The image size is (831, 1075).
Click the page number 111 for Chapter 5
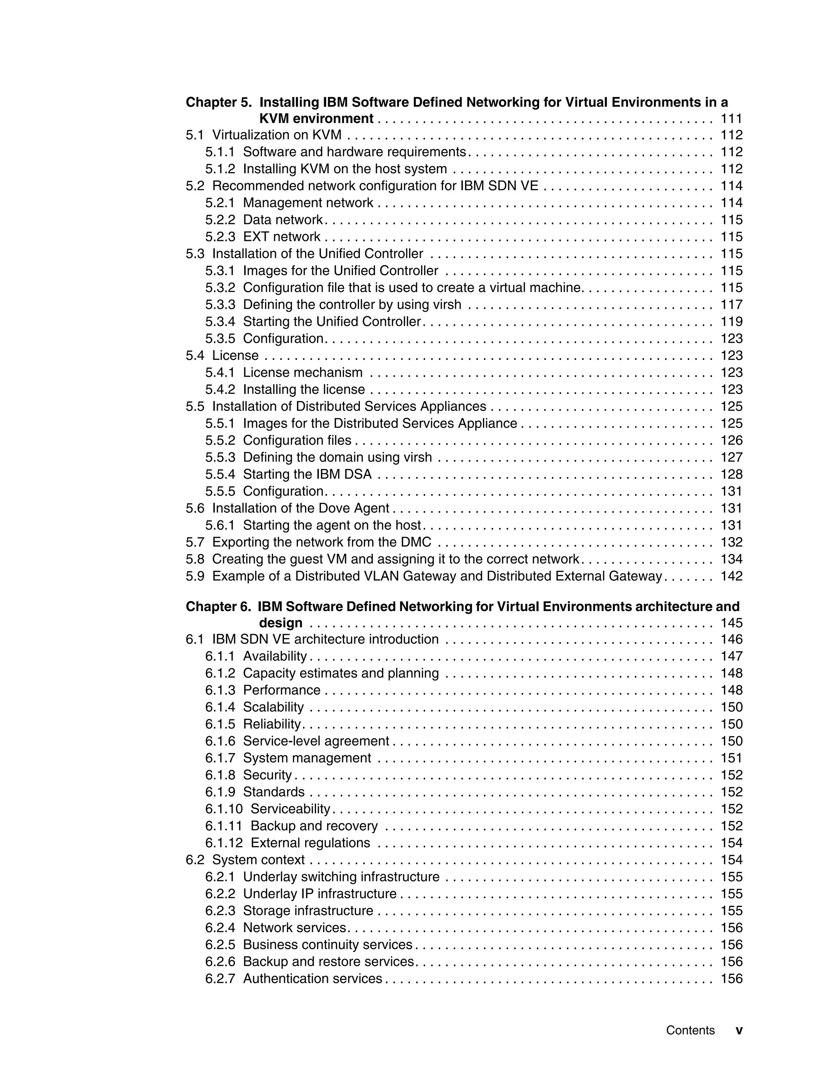(731, 118)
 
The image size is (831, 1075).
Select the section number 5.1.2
(220, 169)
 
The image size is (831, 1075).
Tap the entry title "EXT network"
(282, 237)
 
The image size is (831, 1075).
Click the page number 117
(731, 305)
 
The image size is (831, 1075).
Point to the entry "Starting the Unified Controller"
(332, 321)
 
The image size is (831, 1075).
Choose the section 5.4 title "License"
(235, 355)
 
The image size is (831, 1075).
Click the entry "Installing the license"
(304, 389)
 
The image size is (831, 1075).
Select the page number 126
(731, 440)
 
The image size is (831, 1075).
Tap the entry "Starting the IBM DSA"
(307, 474)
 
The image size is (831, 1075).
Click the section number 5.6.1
(220, 525)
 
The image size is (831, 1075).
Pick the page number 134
(731, 559)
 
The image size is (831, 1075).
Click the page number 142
(731, 576)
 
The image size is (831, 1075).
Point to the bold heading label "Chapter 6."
(218, 606)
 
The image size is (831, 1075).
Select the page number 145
(731, 623)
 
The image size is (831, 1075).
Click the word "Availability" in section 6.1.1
(275, 656)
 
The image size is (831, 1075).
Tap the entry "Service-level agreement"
(316, 741)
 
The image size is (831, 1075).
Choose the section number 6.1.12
(224, 843)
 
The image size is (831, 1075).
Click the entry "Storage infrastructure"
(308, 911)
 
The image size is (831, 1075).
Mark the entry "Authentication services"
(312, 978)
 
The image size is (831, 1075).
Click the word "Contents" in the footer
(690, 1030)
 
